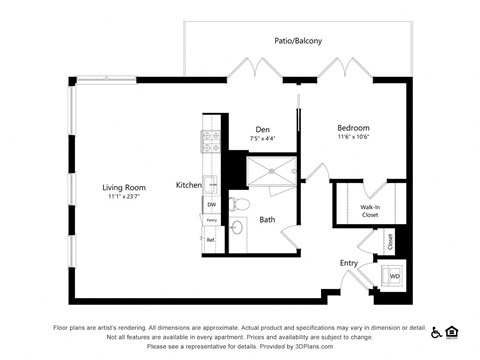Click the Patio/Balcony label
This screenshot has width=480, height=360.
point(298,41)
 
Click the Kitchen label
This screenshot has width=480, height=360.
point(189,185)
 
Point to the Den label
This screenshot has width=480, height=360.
point(262,129)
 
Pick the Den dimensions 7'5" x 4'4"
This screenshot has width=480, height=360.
point(262,139)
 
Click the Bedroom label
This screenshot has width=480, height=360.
point(353,128)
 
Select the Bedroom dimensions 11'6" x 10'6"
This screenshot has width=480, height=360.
point(353,139)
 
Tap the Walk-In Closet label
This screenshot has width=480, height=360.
point(369,211)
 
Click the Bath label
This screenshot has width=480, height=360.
point(267,219)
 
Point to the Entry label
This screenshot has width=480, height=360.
point(348,263)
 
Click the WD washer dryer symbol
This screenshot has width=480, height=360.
point(394,275)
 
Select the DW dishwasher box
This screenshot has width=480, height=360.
point(212,204)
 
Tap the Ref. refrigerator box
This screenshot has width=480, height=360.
point(211,240)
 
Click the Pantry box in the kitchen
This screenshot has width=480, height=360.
point(211,220)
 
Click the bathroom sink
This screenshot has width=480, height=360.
point(237,228)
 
